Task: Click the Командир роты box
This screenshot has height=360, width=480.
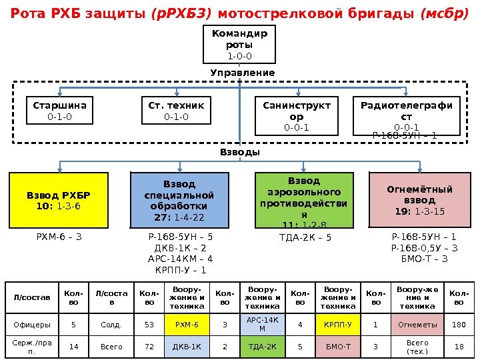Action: [x=239, y=45]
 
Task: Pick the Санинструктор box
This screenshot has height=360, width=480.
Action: [x=297, y=116]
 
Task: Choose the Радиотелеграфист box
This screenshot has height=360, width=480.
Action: [x=406, y=116]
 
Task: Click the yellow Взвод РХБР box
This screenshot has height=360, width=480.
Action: [x=58, y=201]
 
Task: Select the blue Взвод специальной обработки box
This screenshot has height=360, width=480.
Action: [x=179, y=201]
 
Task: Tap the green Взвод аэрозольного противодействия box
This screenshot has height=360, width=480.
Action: [x=303, y=201]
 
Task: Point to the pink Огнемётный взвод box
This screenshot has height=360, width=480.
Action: [x=419, y=199]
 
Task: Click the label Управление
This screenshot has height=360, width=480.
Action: [x=242, y=73]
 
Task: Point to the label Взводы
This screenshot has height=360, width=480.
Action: [x=239, y=153]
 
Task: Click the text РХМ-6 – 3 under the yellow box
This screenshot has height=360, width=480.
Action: [x=59, y=236]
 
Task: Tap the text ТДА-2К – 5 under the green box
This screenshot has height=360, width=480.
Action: [x=305, y=237]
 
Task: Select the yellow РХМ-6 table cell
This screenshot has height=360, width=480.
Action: [x=187, y=325]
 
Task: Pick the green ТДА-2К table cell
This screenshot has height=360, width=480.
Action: [x=262, y=347]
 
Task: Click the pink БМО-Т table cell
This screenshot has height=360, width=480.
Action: [x=338, y=347]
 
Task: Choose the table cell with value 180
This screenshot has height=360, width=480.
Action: [x=459, y=325]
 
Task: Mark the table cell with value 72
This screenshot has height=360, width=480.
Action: [x=149, y=347]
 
